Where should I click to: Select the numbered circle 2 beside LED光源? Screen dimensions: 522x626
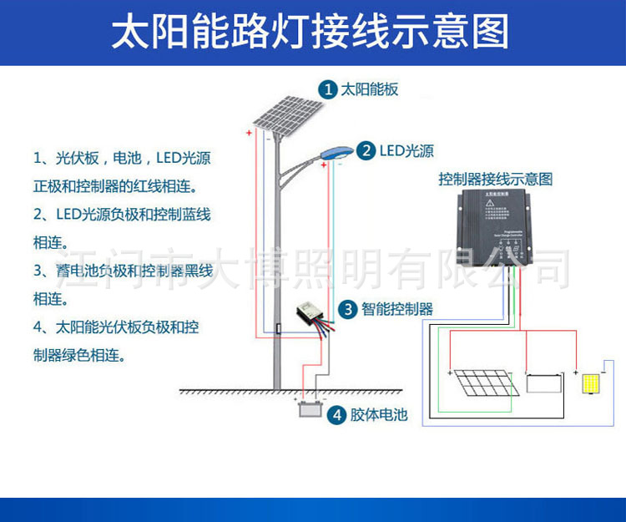click(x=366, y=151)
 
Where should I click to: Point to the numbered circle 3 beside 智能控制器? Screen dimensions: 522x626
click(x=347, y=309)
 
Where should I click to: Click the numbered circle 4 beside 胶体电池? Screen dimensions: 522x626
click(x=336, y=414)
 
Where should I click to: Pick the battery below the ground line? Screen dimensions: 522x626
click(x=310, y=408)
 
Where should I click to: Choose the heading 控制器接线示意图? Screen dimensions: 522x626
click(x=496, y=180)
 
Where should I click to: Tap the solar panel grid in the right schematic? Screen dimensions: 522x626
click(x=484, y=384)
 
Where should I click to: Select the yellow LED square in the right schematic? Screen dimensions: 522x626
click(x=593, y=385)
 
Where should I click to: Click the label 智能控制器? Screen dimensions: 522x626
click(x=397, y=309)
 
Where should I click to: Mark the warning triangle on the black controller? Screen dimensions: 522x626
click(x=492, y=201)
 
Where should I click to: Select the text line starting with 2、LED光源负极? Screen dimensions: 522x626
click(x=122, y=215)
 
